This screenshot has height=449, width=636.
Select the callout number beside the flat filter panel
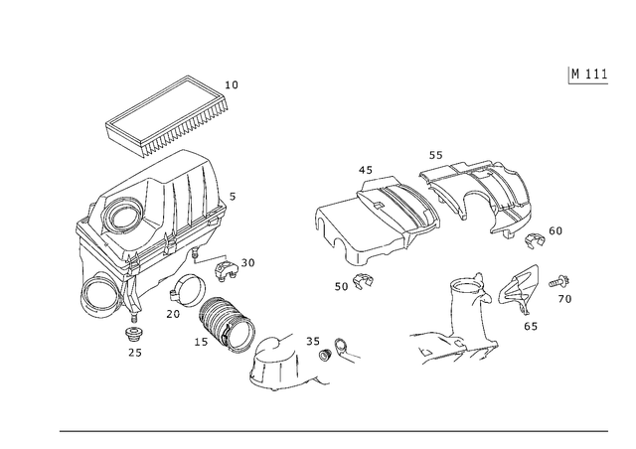234,82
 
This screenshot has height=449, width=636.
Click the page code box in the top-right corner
588,73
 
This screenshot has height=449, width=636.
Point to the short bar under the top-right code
588,86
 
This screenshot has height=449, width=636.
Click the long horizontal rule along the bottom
333,431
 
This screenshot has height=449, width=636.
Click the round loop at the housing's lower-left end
96,304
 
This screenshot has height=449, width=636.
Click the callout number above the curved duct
438,155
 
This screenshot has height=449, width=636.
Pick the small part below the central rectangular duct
359,280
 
